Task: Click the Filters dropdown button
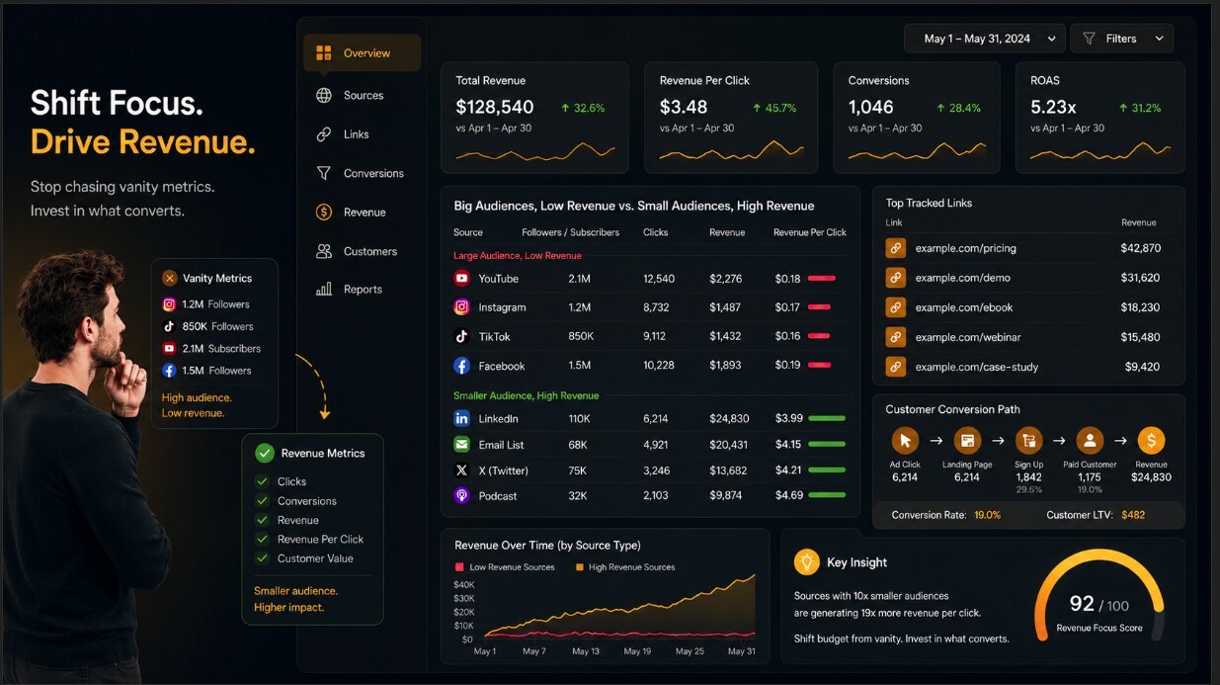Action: click(x=1121, y=39)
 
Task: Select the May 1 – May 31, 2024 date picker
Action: click(x=984, y=39)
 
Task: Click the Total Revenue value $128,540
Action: click(x=495, y=108)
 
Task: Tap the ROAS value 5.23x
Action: click(x=1053, y=108)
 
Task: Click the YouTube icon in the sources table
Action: click(x=461, y=279)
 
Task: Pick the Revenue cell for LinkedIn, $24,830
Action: click(x=729, y=418)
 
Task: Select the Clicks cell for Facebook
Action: click(x=659, y=365)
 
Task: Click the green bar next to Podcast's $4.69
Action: click(x=827, y=495)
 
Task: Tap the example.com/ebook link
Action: click(x=963, y=307)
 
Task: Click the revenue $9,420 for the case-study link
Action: click(x=1142, y=367)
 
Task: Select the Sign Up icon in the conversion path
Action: click(x=1028, y=440)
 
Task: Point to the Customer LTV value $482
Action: click(x=1133, y=515)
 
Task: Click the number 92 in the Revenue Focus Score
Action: click(x=1081, y=603)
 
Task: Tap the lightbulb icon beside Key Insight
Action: click(x=807, y=561)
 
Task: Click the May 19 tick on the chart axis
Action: click(x=637, y=651)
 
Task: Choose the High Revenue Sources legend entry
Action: click(x=625, y=567)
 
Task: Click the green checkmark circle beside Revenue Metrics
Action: click(x=265, y=453)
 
